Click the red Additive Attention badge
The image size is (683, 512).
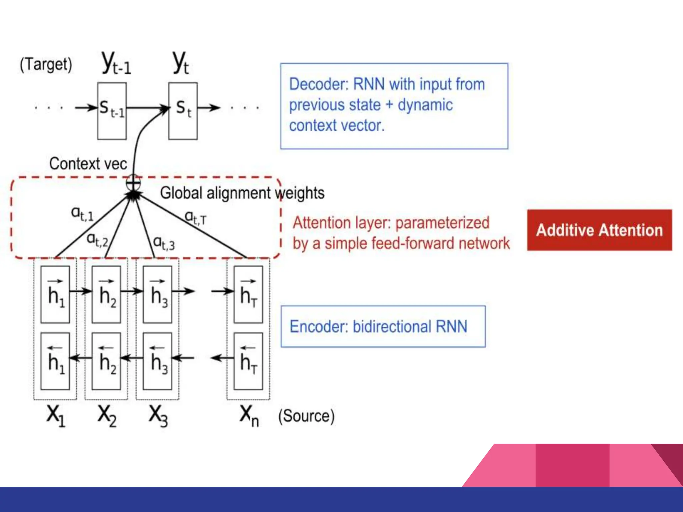[x=599, y=230]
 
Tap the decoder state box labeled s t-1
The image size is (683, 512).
[x=112, y=111]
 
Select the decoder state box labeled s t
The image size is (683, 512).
[x=183, y=111]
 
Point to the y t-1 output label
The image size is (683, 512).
[x=116, y=63]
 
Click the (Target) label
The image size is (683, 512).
[x=46, y=64]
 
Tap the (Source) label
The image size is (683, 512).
[x=306, y=416]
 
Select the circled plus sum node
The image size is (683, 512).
[x=133, y=183]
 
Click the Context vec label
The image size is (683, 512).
[x=88, y=164]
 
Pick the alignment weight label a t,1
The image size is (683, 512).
[x=82, y=214]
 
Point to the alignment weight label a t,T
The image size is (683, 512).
[x=196, y=217]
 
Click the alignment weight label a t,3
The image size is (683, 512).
[x=164, y=243]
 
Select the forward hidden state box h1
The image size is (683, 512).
[x=55, y=294]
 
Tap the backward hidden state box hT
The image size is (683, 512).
[x=248, y=361]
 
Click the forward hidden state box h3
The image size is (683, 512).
[x=157, y=294]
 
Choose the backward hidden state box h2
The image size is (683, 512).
[x=106, y=361]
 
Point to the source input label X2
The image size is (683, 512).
[x=107, y=415]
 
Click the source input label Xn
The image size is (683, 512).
[x=249, y=415]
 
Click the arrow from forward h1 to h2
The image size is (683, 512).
[x=80, y=291]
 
